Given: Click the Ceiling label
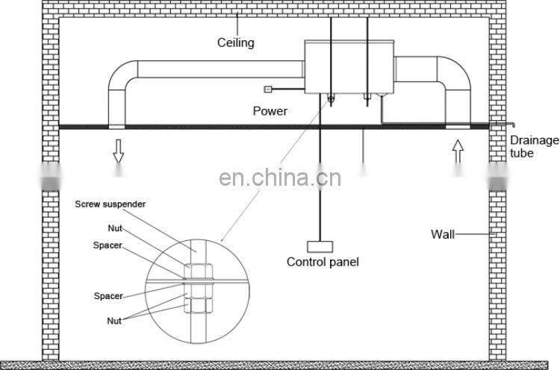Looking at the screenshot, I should [x=235, y=43].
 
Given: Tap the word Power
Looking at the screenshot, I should [x=270, y=111].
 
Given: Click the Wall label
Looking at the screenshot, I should [x=442, y=234].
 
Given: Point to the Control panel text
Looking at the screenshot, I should [x=323, y=262].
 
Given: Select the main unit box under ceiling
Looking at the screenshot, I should [x=348, y=67].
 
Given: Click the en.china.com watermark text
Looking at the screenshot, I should [x=280, y=179].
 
